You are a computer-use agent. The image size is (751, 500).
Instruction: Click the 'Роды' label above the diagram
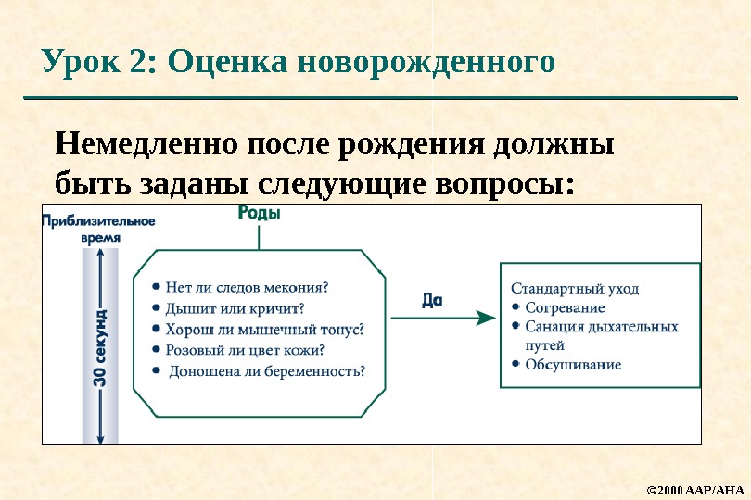pyautogui.click(x=260, y=213)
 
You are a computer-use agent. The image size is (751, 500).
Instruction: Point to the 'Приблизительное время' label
pyautogui.click(x=98, y=229)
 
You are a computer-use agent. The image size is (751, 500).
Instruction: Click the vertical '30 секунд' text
pyautogui.click(x=100, y=348)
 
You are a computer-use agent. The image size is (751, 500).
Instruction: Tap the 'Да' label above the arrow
pyautogui.click(x=432, y=300)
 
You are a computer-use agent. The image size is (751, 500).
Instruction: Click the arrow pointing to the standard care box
pyautogui.click(x=443, y=318)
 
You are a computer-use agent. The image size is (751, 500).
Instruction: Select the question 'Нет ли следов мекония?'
pyautogui.click(x=248, y=286)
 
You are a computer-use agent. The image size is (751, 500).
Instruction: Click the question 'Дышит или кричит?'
pyautogui.click(x=235, y=307)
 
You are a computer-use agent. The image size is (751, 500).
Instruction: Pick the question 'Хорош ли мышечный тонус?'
pyautogui.click(x=264, y=329)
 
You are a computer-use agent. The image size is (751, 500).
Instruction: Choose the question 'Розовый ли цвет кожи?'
pyautogui.click(x=245, y=350)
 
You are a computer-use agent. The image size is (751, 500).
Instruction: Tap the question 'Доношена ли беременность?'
pyautogui.click(x=267, y=371)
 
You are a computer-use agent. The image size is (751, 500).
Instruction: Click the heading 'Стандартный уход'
pyautogui.click(x=575, y=288)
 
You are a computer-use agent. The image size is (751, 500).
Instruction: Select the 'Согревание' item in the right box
pyautogui.click(x=565, y=307)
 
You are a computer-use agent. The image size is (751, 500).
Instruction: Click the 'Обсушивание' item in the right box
pyautogui.click(x=573, y=364)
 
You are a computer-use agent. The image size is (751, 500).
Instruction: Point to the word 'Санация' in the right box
pyautogui.click(x=553, y=327)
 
